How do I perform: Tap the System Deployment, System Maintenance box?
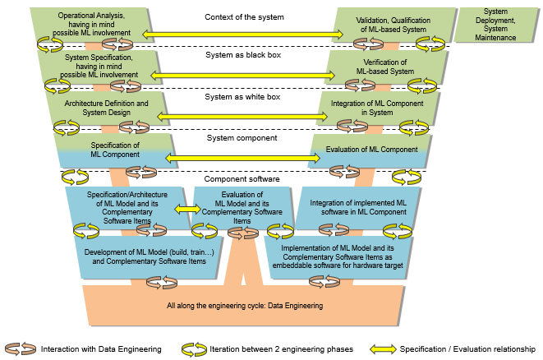495,25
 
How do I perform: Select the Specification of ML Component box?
115,150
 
